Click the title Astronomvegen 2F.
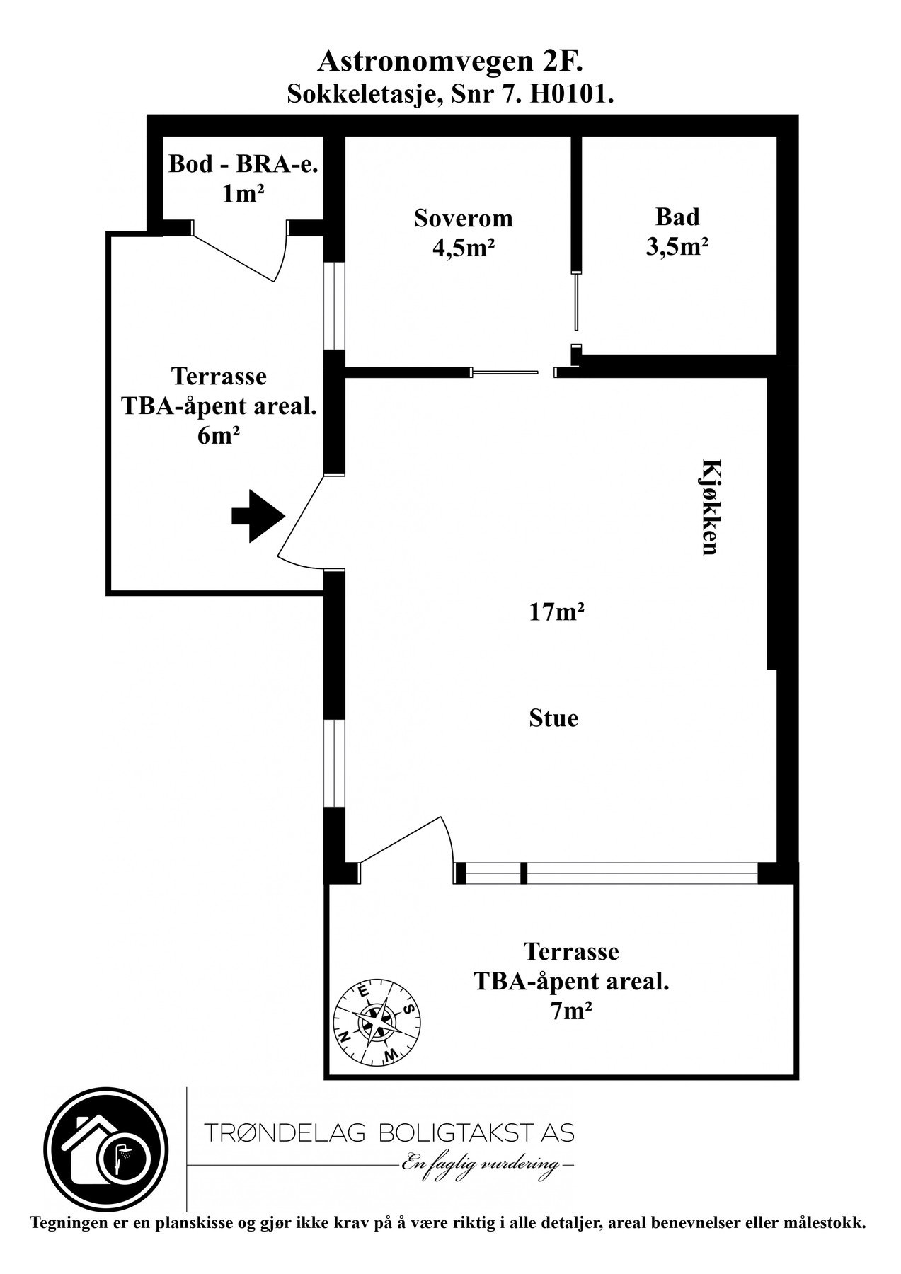coord(450,62)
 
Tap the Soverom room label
coord(464,217)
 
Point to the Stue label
coord(553,718)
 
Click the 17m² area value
coord(556,611)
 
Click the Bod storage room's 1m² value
coord(239,193)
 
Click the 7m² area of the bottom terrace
coord(570,1011)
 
